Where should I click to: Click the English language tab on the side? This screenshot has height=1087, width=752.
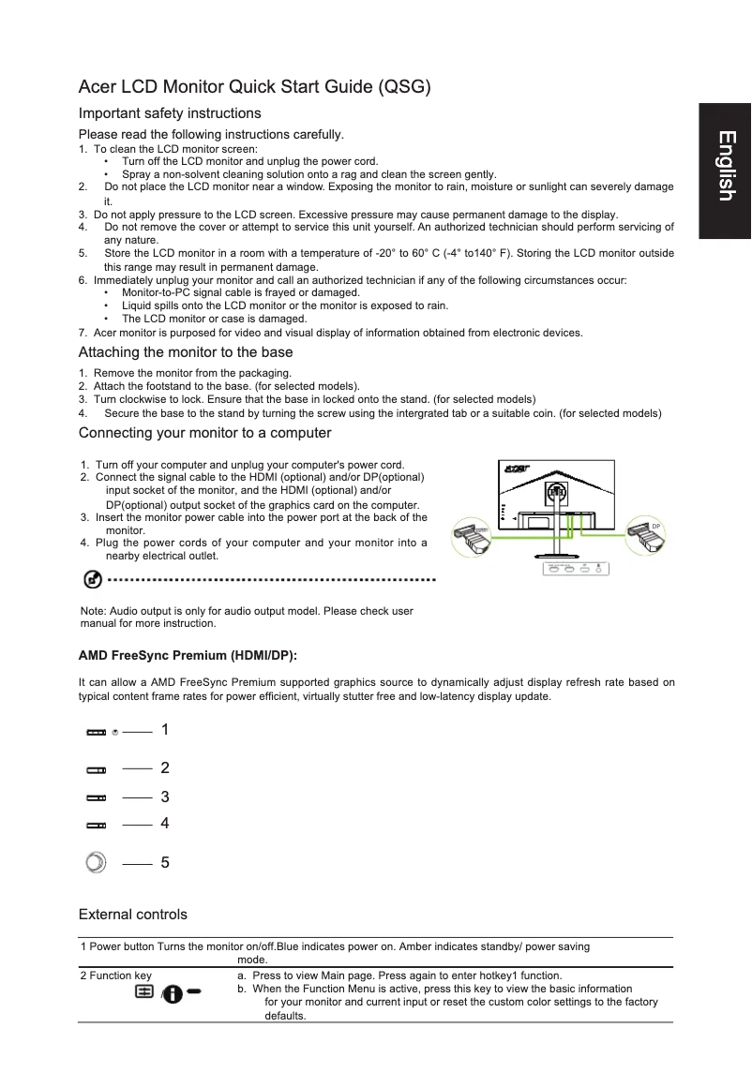tap(725, 166)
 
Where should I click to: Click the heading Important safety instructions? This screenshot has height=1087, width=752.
tap(170, 113)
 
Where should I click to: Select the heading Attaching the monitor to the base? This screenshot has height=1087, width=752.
tap(186, 352)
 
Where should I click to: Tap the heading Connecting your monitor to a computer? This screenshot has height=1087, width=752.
tap(204, 433)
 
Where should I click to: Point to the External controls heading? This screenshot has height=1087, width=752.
tap(132, 914)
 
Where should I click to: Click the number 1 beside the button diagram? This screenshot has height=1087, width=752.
tap(165, 729)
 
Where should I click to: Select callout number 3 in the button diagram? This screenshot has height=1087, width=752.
tap(165, 797)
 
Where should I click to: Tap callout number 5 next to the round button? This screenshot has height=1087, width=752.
tap(165, 862)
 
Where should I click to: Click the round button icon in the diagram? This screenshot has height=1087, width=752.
tap(96, 862)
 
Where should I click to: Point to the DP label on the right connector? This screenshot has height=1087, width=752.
tap(657, 528)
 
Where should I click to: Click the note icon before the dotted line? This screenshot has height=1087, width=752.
tap(94, 580)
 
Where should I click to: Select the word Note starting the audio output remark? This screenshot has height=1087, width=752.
tap(95, 611)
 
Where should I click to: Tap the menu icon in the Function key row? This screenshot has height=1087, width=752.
tap(144, 990)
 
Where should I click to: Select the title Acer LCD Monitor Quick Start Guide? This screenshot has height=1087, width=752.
tap(254, 88)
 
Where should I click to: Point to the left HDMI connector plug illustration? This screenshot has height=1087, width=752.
tap(472, 543)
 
